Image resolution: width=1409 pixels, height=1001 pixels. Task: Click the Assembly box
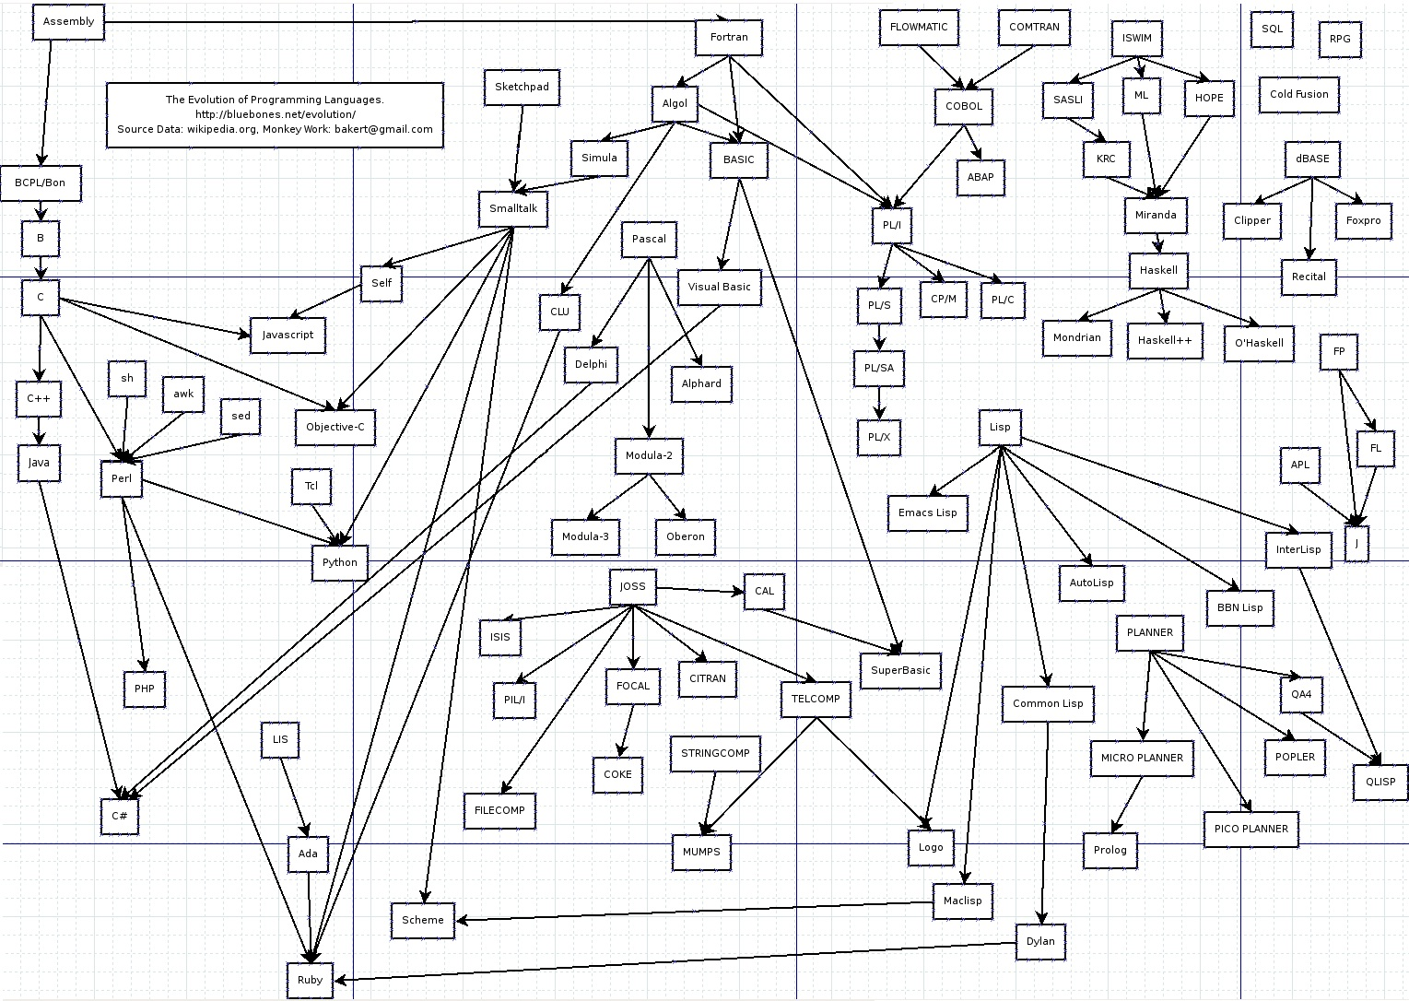68,22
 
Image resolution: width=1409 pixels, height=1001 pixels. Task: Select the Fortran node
729,38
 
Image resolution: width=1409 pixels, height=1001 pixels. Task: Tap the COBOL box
964,106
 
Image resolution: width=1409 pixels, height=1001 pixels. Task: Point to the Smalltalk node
513,209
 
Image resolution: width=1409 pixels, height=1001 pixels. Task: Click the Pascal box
649,240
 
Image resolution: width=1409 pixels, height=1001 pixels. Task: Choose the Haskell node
1158,271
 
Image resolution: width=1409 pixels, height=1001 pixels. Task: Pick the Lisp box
1000,428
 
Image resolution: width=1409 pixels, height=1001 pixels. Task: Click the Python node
340,562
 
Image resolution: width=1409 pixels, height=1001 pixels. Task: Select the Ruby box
310,980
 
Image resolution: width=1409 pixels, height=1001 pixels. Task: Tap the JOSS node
632,587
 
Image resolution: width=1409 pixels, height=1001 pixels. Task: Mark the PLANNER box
1150,633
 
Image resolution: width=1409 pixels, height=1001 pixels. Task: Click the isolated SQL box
1272,29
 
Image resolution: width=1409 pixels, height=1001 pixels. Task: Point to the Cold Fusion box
1298,94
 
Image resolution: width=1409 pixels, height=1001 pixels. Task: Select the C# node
120,817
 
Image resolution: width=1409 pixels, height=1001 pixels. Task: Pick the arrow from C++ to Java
39,430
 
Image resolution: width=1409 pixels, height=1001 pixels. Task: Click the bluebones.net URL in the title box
275,114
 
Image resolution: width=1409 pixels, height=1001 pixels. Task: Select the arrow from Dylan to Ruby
673,961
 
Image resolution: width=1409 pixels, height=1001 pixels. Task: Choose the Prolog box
1110,850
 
